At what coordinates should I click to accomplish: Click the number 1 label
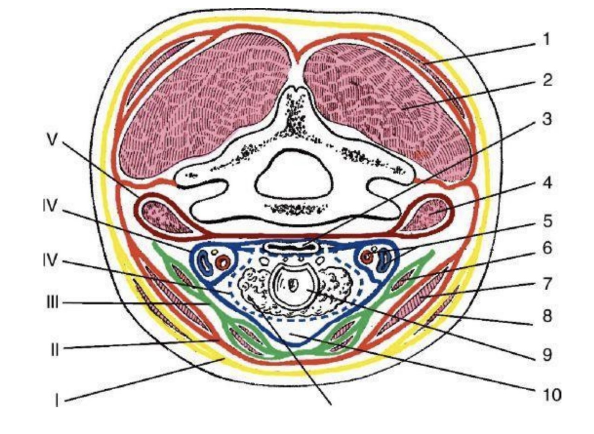pos(546,40)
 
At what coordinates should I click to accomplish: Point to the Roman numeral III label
pos(52,303)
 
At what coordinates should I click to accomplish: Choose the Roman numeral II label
pos(54,350)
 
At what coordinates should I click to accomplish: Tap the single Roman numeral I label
pos(57,399)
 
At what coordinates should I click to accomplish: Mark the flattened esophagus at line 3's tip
pos(292,247)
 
